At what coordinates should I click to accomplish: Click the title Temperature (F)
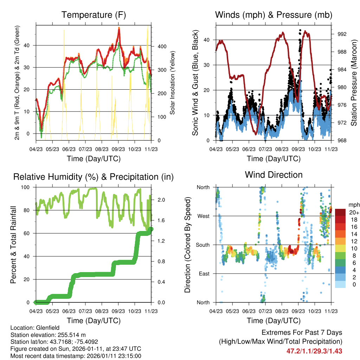[94, 15]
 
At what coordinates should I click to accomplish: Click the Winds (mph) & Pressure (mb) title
[274, 15]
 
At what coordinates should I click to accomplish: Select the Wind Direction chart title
[274, 174]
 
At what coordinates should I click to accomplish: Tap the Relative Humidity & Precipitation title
[94, 177]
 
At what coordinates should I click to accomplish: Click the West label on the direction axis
[203, 216]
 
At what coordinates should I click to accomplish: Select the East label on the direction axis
[204, 274]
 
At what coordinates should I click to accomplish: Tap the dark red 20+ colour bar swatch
[340, 212]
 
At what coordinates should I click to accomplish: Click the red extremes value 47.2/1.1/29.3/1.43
[314, 351]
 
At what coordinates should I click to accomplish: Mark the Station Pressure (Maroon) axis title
[354, 83]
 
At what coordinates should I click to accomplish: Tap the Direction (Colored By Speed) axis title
[187, 245]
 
